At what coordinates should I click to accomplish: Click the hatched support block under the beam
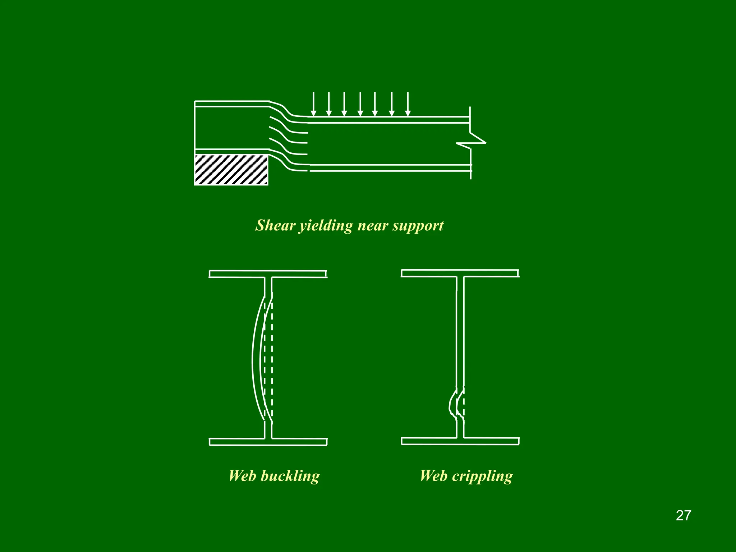pos(231,170)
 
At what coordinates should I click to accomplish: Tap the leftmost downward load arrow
pos(313,104)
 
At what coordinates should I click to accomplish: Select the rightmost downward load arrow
pos(408,104)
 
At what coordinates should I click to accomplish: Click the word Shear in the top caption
pos(275,226)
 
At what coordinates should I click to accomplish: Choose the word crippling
pos(482,476)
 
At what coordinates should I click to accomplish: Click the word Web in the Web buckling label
pos(242,476)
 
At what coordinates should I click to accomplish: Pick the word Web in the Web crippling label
pos(433,476)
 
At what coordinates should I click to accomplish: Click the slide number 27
pos(683,515)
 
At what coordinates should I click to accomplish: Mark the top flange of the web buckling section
pos(268,274)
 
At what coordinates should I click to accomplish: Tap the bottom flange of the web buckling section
pos(268,442)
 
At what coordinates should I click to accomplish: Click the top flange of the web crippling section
pos(460,273)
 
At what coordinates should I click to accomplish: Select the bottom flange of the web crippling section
pos(460,441)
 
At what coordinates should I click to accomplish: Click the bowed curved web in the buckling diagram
pos(256,359)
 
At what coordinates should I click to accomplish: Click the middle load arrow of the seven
pos(360,104)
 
